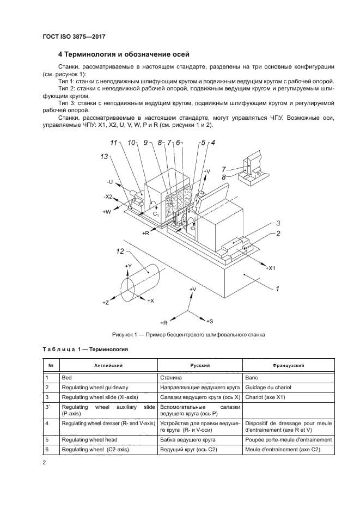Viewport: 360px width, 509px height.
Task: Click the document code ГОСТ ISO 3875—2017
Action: coord(73,36)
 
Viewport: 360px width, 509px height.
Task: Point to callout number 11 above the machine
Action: coord(114,143)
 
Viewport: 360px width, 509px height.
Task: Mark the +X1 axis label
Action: coord(270,268)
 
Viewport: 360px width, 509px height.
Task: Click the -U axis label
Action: coord(109,182)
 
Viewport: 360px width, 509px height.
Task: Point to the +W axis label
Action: coord(107,212)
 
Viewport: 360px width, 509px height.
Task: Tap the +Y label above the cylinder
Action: coord(128,266)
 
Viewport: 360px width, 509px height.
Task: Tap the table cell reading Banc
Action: coord(252,377)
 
